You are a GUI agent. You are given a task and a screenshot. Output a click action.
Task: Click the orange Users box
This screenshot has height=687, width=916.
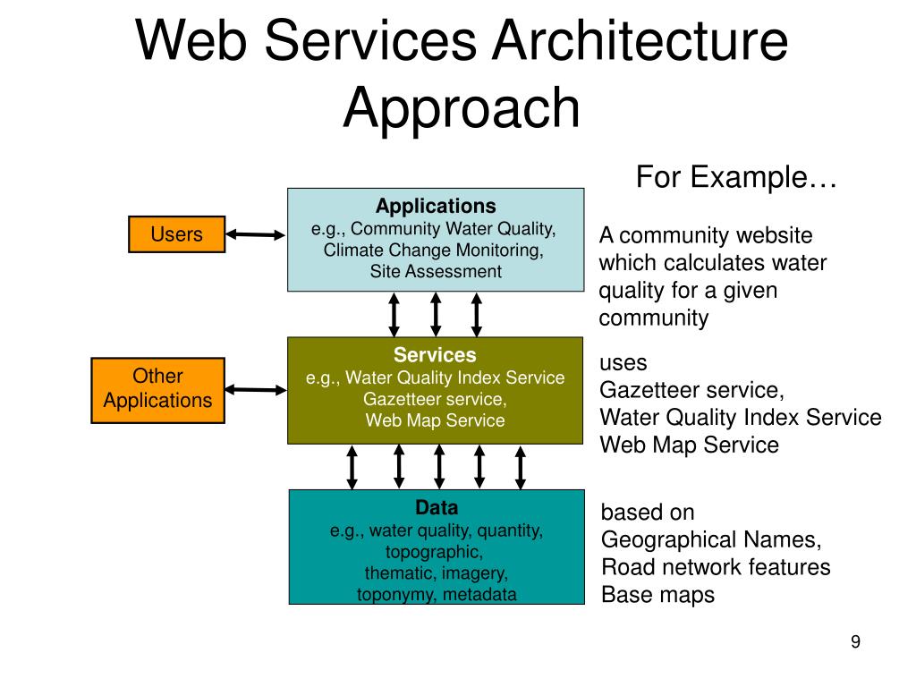click(x=176, y=234)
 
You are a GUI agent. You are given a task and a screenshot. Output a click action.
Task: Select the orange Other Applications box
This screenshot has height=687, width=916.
click(x=157, y=390)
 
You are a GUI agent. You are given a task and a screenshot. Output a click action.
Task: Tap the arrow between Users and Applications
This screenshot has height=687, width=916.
click(x=255, y=235)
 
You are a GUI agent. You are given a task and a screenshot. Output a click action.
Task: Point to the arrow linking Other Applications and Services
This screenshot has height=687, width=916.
click(x=255, y=390)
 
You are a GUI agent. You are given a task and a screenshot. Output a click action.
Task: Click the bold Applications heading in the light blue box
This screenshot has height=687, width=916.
click(x=436, y=206)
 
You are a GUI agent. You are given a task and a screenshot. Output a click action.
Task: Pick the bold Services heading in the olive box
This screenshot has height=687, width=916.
click(x=435, y=354)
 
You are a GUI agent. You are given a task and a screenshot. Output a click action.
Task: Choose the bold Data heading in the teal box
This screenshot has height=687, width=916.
click(x=437, y=507)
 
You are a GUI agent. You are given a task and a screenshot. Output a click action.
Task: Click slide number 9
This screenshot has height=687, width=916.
click(x=855, y=641)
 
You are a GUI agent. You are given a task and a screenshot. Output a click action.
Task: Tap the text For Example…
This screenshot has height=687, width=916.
click(x=736, y=176)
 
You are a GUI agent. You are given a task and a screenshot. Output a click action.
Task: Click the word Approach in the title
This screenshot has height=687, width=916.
click(x=462, y=107)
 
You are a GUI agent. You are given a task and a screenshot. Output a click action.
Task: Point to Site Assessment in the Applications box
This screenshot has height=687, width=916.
click(x=436, y=271)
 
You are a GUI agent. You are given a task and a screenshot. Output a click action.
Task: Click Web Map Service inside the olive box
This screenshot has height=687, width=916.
click(x=436, y=420)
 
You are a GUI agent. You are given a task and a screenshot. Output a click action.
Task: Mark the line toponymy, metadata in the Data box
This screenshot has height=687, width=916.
click(x=437, y=594)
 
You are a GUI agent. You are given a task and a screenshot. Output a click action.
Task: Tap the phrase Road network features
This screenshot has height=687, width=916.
click(x=716, y=566)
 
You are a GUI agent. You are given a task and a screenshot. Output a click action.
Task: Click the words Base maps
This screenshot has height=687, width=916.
click(x=657, y=595)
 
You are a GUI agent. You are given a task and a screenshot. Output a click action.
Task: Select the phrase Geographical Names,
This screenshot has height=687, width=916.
click(x=711, y=539)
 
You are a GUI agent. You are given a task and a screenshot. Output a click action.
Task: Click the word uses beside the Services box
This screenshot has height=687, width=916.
click(x=623, y=363)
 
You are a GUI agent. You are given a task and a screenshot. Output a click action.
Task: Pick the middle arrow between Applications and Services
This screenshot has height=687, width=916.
click(x=436, y=314)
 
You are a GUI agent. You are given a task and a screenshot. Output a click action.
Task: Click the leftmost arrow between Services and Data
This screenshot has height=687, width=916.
click(x=352, y=467)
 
